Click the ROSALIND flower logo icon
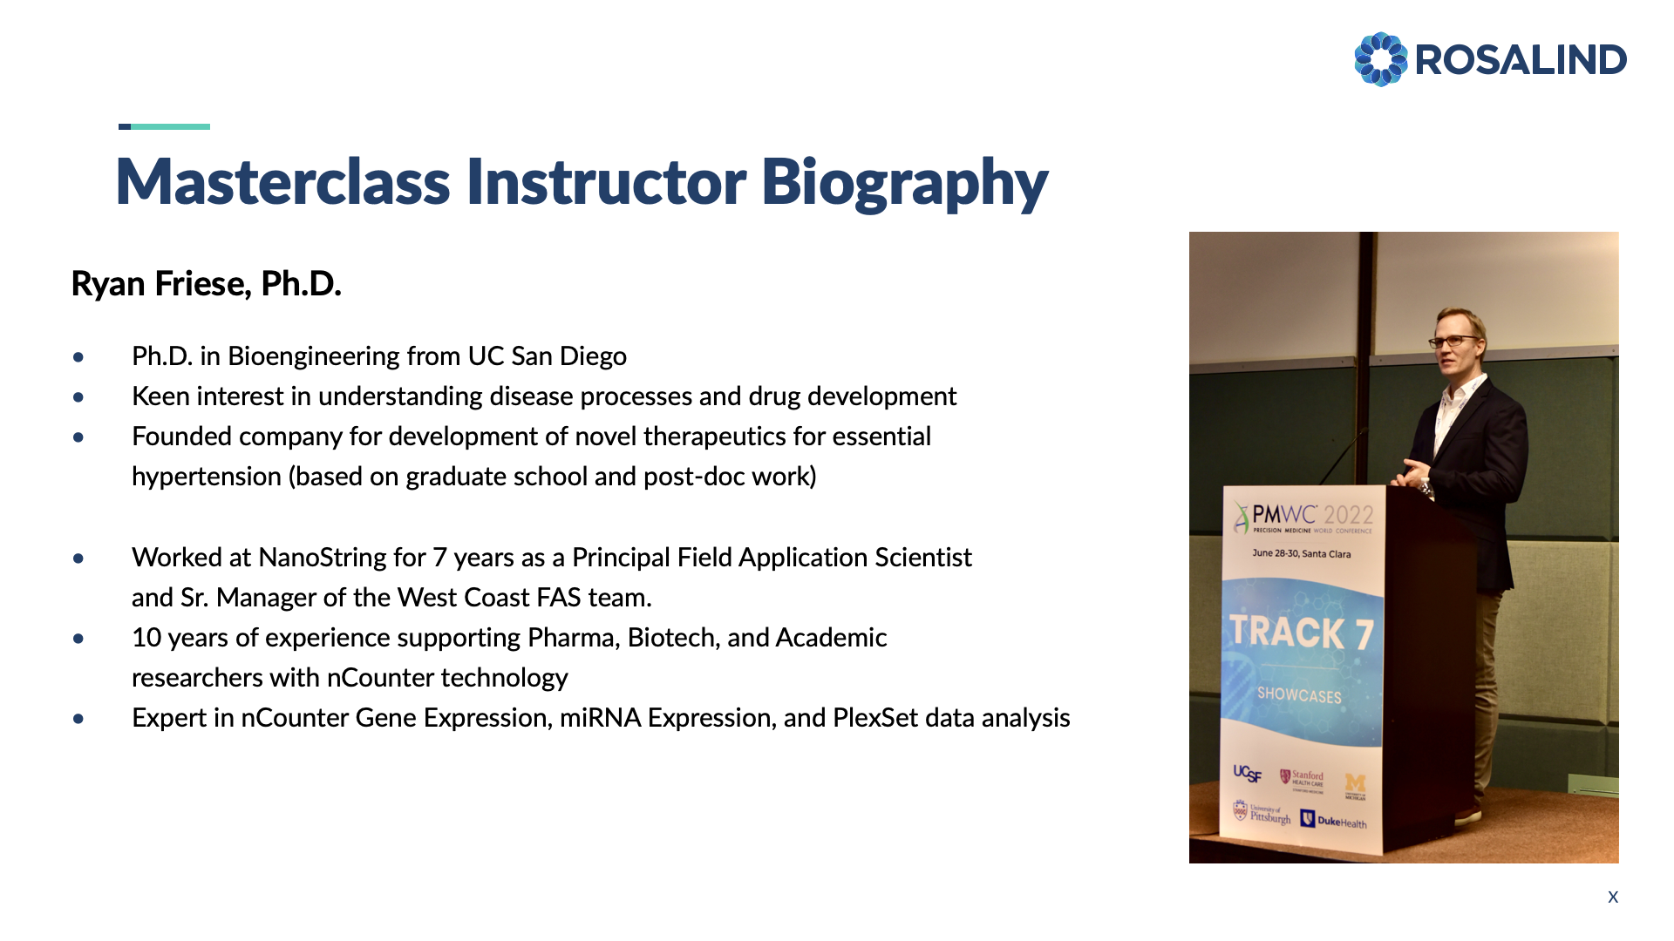coord(1380,59)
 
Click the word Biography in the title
coord(904,183)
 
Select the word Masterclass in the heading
coord(283,182)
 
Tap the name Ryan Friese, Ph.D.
coord(206,284)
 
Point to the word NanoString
coord(342,558)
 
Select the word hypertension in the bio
coord(207,477)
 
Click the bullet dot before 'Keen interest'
coord(79,397)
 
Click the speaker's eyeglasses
coord(1454,341)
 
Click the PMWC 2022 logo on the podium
coord(1303,518)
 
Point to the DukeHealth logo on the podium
coord(1334,820)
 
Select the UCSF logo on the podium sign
coord(1247,773)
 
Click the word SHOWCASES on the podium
coord(1299,695)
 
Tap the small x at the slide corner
coord(1613,897)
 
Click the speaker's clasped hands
coord(1411,474)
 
